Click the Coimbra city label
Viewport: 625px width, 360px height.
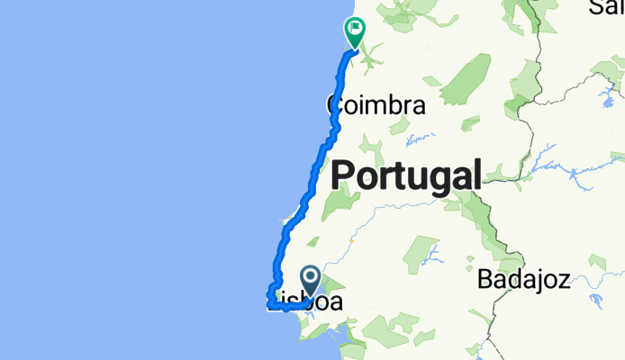pos(376,105)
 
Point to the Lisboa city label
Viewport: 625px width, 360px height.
pos(306,303)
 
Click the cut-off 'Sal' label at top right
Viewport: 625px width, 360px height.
pos(608,7)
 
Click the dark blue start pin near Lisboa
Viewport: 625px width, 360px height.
pos(311,281)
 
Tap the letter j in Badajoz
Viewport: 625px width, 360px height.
pos(538,281)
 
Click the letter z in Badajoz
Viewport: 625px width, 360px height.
pos(564,280)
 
